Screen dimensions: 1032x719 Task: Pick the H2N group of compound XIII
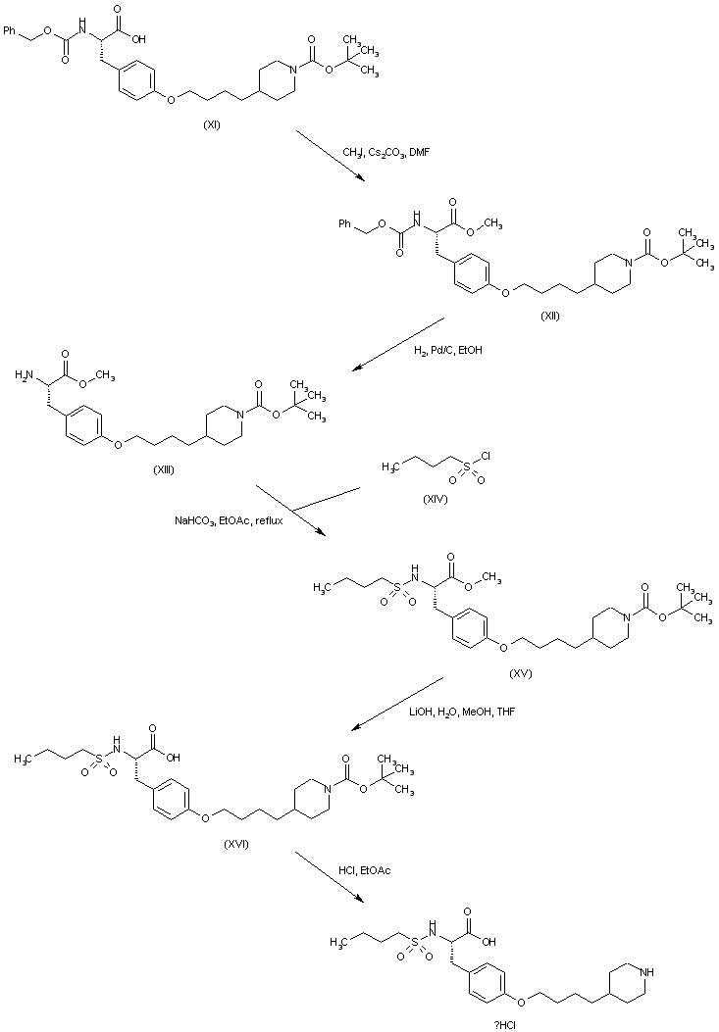click(x=24, y=375)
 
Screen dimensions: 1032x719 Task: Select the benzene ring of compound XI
click(x=134, y=86)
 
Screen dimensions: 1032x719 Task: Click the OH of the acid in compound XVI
click(x=174, y=756)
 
